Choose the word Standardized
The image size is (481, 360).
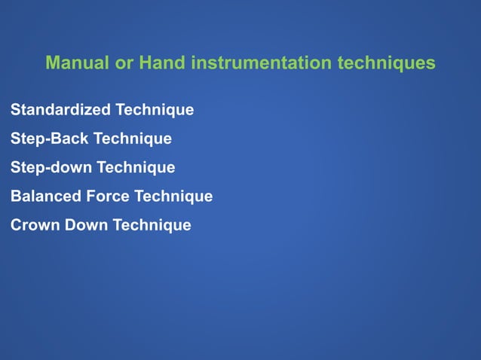coord(60,110)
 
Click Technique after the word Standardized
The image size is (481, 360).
coord(154,110)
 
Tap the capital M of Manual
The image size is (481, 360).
coord(52,63)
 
